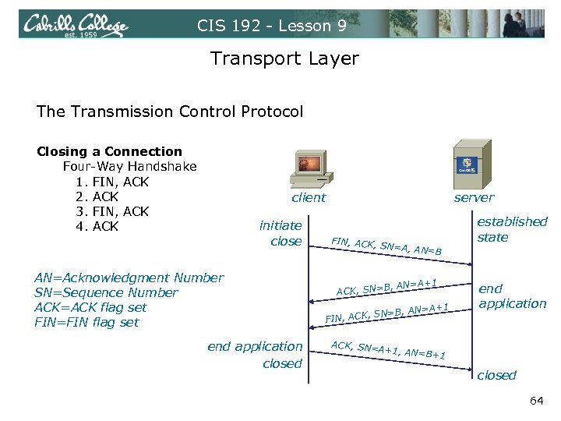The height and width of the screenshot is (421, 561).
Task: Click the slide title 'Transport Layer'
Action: tap(284, 58)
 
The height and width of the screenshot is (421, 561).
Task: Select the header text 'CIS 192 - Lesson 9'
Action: tap(272, 25)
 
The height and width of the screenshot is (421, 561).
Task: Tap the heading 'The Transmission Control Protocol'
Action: tap(170, 111)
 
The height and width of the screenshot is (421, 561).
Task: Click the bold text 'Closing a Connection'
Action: tap(109, 151)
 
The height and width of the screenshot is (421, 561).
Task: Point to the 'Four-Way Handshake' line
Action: tap(129, 166)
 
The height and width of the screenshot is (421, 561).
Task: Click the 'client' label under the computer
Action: tap(309, 198)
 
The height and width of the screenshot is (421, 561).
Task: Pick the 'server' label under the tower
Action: tap(474, 198)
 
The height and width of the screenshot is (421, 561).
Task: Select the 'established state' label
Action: tap(512, 229)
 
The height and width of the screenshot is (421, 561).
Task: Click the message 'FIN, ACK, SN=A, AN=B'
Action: tap(386, 246)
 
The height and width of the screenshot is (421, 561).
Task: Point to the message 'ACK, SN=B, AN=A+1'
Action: tap(386, 287)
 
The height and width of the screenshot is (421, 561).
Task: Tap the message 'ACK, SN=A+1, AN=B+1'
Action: tap(388, 350)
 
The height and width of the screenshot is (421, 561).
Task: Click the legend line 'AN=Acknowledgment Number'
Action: tap(129, 278)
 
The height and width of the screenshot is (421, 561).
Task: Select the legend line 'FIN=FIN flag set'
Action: tap(86, 322)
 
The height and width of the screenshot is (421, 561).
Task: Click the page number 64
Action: tap(536, 401)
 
